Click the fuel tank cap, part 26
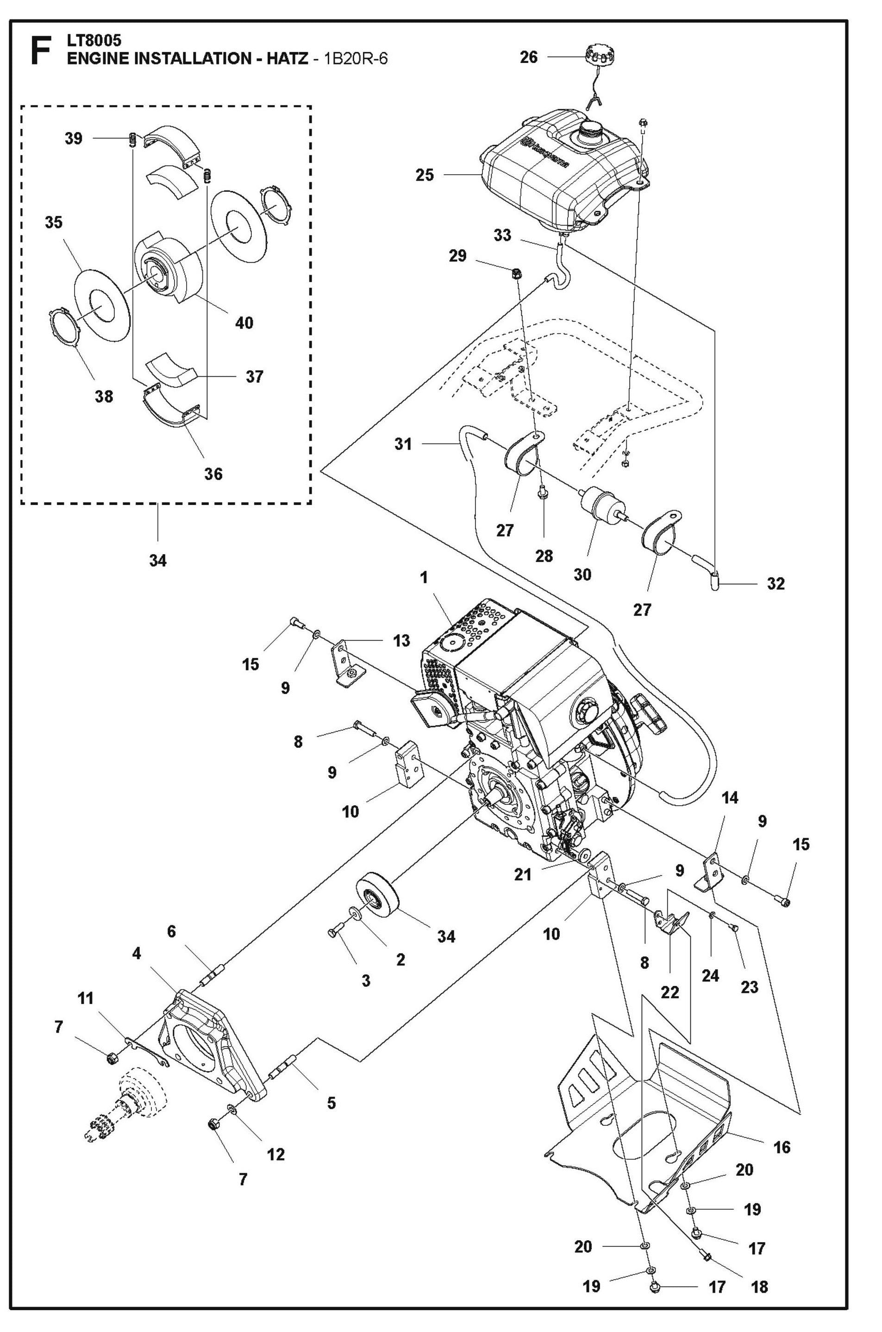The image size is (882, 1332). coord(599,56)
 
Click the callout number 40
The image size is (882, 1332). coord(244,323)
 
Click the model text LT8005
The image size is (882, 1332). coord(94,40)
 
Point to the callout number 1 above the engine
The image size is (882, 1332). coord(424,577)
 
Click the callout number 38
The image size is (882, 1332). coord(104,396)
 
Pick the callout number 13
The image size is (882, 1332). coord(401,640)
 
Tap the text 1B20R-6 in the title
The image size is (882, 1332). coord(355,58)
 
